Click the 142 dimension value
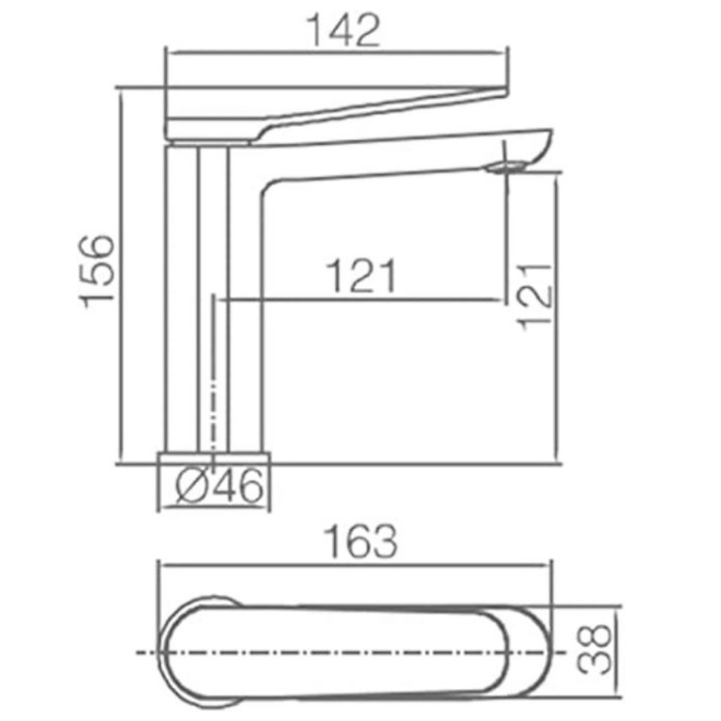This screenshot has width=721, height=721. pyautogui.click(x=344, y=30)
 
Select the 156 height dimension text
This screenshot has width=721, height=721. pyautogui.click(x=96, y=272)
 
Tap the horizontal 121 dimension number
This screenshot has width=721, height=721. pyautogui.click(x=361, y=276)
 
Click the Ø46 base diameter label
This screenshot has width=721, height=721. pyautogui.click(x=220, y=485)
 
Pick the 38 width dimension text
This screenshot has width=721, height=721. pyautogui.click(x=594, y=649)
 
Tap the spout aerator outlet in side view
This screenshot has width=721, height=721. pyautogui.click(x=506, y=167)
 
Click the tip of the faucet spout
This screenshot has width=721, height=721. pyautogui.click(x=550, y=134)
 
